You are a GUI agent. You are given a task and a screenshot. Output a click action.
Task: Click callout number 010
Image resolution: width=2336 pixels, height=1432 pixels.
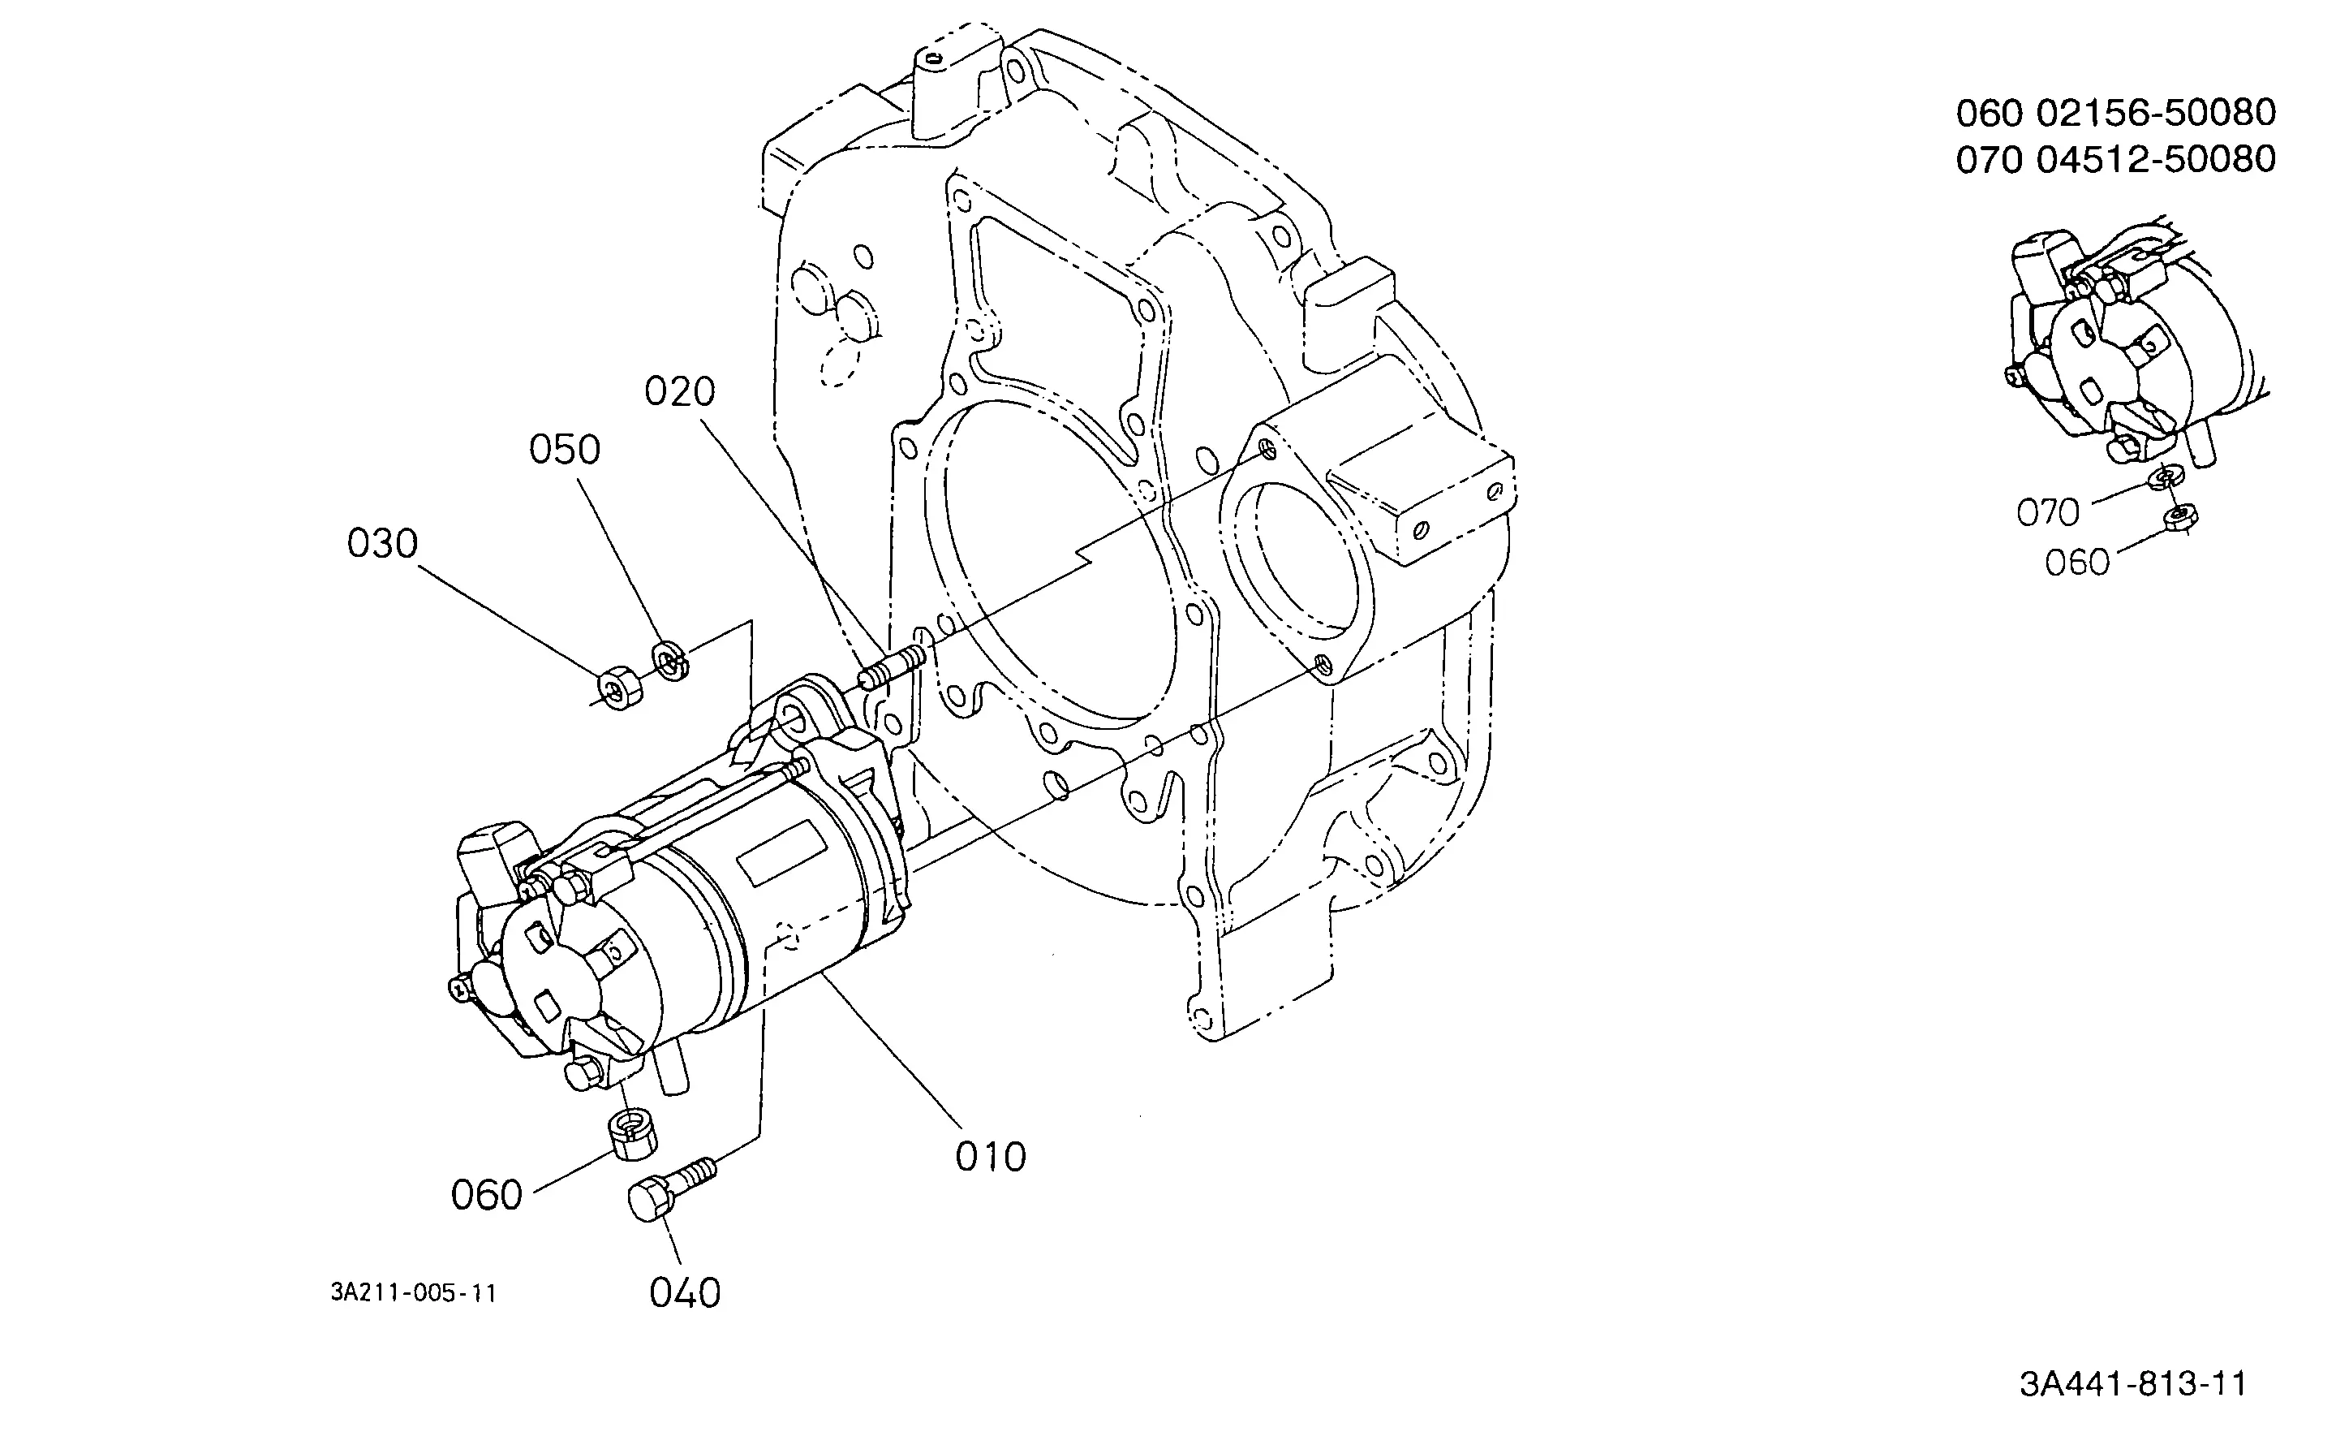tap(991, 1157)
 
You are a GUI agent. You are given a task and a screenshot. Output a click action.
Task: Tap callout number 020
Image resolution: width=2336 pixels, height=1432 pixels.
tap(680, 391)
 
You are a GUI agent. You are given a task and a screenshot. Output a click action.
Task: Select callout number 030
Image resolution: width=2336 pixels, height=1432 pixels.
tap(382, 543)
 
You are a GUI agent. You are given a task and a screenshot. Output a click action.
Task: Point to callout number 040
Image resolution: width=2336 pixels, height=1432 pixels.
tap(685, 1292)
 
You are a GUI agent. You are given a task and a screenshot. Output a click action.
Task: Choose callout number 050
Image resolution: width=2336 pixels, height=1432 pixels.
tap(564, 450)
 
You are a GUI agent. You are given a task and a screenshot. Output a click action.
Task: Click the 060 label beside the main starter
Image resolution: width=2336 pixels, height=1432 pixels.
tap(486, 1195)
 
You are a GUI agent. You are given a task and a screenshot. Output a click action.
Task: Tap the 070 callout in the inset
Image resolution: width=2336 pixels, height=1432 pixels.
tap(2048, 513)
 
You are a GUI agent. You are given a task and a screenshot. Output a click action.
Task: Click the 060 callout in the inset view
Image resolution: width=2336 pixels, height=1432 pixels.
tap(2077, 563)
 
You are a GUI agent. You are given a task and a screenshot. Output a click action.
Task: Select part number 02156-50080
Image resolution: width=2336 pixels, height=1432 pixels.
tap(2156, 113)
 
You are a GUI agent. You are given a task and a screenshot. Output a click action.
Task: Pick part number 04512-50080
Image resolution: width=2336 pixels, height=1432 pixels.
tap(2156, 159)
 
